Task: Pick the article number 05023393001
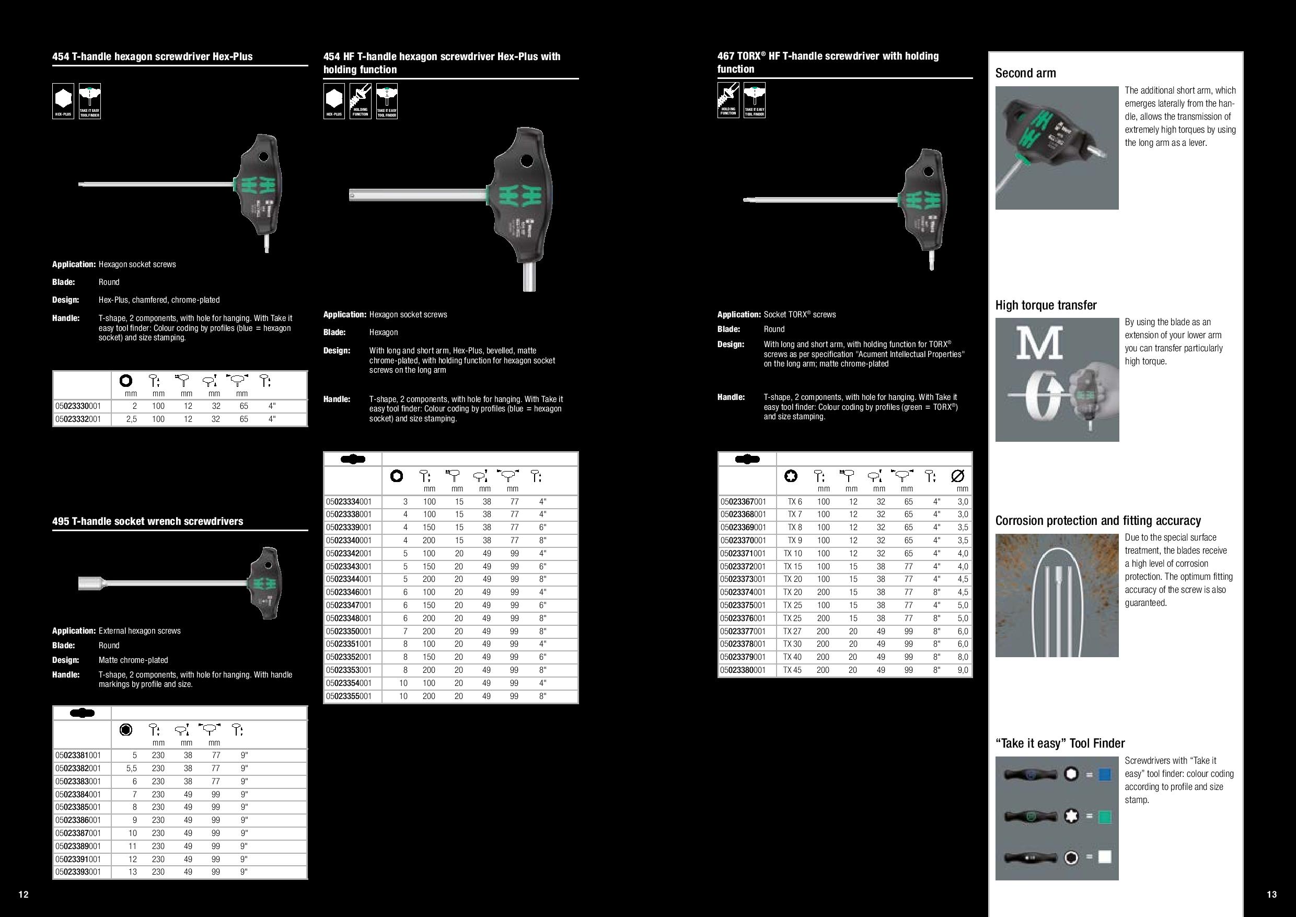[78, 872]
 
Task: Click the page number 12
[23, 895]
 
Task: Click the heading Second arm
[1025, 73]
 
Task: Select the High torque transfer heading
[1045, 305]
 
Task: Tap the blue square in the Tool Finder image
[1105, 774]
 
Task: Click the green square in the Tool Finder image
[1105, 817]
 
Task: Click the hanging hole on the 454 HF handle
[527, 162]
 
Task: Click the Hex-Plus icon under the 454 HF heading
[333, 101]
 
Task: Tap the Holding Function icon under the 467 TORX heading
[728, 99]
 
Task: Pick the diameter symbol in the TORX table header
[958, 476]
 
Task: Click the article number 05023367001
[744, 501]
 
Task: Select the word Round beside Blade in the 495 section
[109, 645]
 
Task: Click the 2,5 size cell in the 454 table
[131, 419]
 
